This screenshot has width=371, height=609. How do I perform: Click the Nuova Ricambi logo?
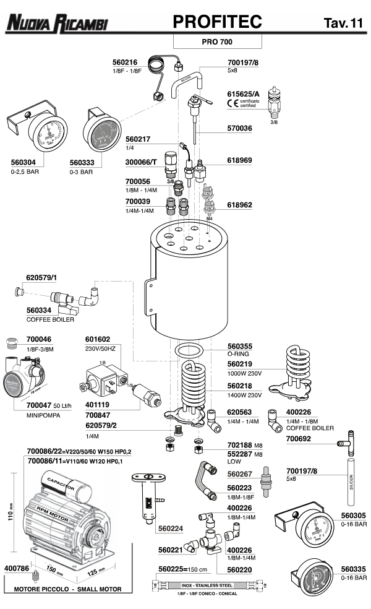click(57, 24)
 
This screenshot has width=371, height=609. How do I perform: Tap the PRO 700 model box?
click(216, 42)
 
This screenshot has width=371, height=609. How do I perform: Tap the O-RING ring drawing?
click(190, 352)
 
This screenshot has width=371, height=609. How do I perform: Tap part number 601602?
click(98, 339)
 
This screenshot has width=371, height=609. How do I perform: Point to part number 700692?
click(302, 439)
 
